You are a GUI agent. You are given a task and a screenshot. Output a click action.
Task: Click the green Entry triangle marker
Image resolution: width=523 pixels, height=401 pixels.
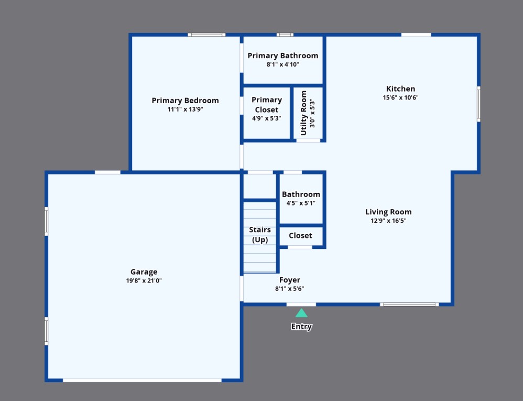301,313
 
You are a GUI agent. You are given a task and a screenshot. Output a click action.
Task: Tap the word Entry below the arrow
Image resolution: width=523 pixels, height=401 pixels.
301,327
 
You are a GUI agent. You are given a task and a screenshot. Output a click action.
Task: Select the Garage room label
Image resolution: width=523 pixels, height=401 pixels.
144,272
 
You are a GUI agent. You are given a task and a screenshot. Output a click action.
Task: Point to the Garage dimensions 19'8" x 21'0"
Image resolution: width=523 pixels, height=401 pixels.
144,280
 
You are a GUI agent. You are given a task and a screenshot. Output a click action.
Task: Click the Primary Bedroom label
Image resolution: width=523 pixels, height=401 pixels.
185,101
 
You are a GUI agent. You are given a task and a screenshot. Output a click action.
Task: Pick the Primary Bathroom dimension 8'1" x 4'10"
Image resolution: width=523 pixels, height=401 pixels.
282,64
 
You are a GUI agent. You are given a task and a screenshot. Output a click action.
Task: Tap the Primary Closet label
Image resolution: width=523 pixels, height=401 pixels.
267,105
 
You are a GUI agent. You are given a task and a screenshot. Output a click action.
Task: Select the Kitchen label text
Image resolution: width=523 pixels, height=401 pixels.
400,89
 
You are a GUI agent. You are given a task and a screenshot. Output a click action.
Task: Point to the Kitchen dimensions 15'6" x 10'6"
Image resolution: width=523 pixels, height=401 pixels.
400,97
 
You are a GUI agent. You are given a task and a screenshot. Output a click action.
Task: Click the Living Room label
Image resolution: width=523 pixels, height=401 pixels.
388,212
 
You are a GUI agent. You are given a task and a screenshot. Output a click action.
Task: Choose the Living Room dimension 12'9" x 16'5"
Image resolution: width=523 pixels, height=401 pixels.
388,221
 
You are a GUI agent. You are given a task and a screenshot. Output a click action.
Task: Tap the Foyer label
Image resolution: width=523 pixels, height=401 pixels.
289,280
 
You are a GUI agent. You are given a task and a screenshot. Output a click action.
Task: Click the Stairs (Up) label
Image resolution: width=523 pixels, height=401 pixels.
260,235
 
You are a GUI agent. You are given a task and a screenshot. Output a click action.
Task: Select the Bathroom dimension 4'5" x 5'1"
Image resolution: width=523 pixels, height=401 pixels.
301,203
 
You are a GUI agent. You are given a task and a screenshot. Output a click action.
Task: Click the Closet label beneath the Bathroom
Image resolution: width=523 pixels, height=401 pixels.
300,235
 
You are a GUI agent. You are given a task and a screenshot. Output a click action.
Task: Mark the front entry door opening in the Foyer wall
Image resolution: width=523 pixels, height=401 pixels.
301,304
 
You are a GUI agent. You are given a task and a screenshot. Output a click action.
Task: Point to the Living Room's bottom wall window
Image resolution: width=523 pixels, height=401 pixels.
409,304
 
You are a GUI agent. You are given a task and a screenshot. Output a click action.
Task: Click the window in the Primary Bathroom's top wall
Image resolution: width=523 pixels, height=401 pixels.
285,35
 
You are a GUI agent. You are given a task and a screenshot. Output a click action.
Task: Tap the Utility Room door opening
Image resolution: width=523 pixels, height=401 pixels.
308,140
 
